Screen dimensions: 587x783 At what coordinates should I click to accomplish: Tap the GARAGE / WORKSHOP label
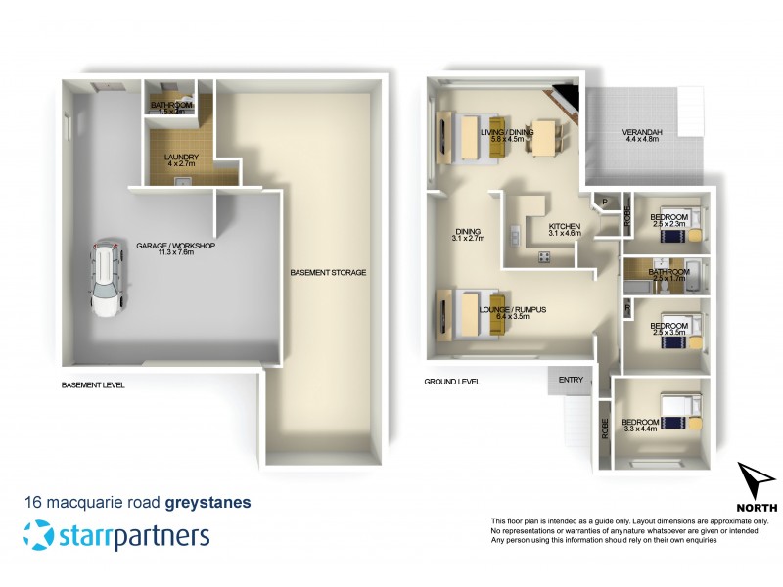click(x=177, y=247)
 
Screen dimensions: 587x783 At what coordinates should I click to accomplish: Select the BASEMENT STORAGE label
click(x=328, y=273)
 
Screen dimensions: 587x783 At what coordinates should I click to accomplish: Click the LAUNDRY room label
click(x=183, y=158)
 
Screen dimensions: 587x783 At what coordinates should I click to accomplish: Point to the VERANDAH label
click(x=642, y=134)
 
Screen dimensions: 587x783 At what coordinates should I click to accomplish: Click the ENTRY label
click(x=572, y=379)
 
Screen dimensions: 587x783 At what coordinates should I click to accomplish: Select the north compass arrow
click(x=755, y=482)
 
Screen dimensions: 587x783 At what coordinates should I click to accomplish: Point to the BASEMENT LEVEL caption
click(x=93, y=385)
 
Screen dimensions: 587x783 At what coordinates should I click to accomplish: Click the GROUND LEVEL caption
click(x=451, y=382)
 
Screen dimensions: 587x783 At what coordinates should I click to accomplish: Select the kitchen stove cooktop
click(x=542, y=257)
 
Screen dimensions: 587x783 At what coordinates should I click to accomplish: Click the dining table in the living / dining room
click(x=540, y=137)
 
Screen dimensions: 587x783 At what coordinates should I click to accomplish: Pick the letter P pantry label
click(x=606, y=203)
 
